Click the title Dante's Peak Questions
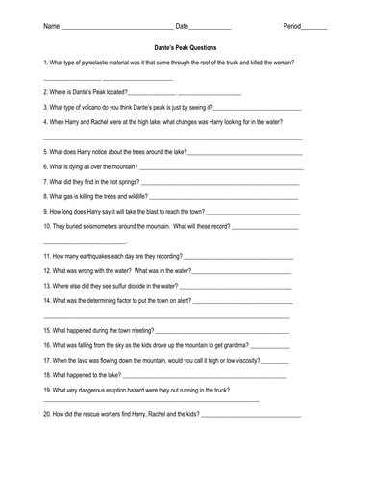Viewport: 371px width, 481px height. point(185,46)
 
